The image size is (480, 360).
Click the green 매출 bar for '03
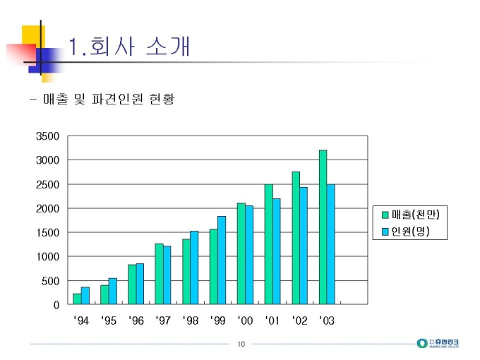[323, 227]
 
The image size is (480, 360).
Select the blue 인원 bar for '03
[331, 244]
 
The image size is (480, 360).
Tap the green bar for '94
[77, 299]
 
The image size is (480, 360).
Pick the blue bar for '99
[222, 260]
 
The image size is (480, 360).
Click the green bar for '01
[268, 244]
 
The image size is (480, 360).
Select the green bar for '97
[159, 275]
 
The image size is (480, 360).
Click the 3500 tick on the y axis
[49, 136]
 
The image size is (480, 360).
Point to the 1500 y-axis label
[49, 233]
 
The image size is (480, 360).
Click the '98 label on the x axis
[191, 321]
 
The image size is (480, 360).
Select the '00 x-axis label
[245, 321]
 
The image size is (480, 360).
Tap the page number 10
[241, 344]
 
